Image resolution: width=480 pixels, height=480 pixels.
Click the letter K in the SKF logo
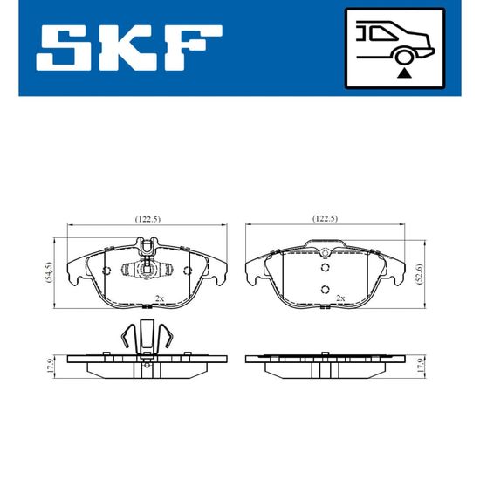pos(128,48)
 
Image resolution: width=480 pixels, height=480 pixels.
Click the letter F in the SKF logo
pos(194,48)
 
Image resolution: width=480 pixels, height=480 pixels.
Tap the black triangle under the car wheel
pos(404,73)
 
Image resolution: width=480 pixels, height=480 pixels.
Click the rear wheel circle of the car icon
pos(403,57)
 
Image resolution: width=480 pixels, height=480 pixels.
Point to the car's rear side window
pos(382,33)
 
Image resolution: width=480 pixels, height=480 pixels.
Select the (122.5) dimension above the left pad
pos(147,219)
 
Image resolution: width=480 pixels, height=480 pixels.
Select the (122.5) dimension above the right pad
pos(325,218)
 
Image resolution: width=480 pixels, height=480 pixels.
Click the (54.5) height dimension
pos(49,271)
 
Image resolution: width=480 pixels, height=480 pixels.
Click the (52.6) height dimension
pos(420,274)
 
